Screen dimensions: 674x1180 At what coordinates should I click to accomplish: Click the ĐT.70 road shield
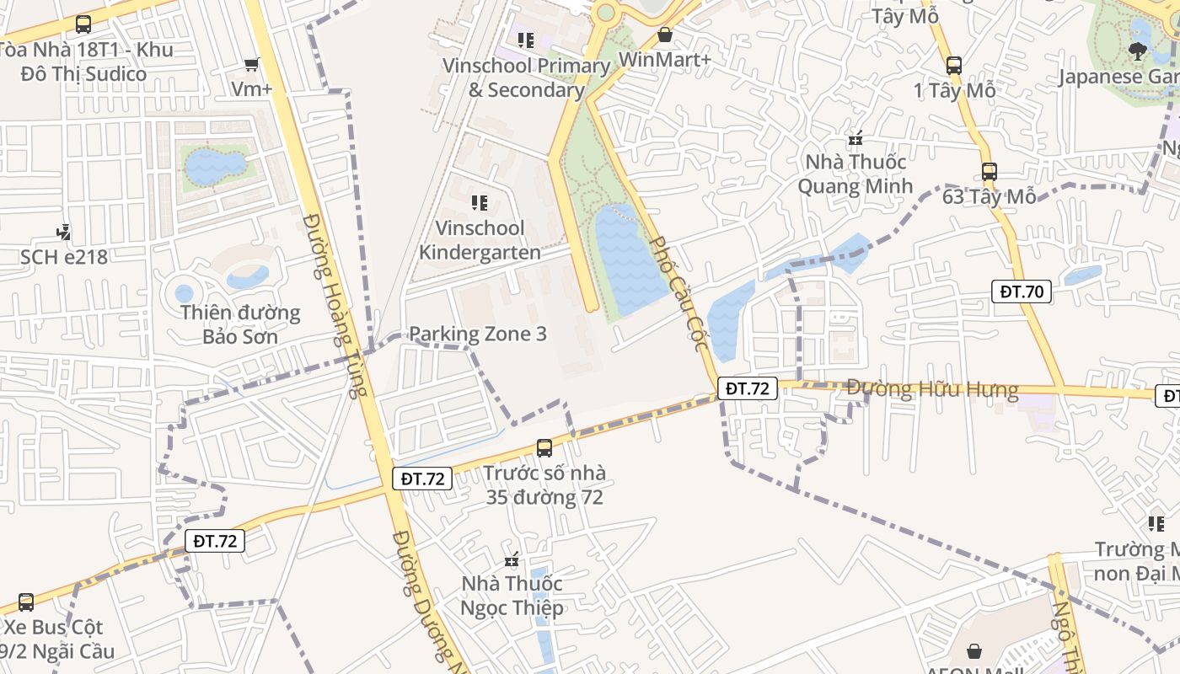(x=1022, y=292)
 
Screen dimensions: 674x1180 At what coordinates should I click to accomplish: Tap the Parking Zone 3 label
(x=477, y=334)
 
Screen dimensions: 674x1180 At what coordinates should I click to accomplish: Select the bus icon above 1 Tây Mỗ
(x=954, y=65)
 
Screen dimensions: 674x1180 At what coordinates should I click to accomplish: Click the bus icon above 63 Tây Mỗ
(x=989, y=172)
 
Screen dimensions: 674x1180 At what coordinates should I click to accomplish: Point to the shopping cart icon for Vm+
(x=251, y=64)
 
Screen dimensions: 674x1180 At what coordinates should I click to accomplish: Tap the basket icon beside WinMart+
(x=665, y=35)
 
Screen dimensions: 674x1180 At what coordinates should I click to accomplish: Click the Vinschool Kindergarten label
(x=480, y=240)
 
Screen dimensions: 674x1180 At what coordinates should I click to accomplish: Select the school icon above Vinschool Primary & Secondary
(x=526, y=40)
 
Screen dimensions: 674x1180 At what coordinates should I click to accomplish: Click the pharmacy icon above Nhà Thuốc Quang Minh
(x=855, y=136)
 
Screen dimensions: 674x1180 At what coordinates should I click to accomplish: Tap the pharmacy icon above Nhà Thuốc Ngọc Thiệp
(x=511, y=559)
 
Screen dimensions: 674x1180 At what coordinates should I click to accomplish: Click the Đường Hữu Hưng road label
(x=932, y=389)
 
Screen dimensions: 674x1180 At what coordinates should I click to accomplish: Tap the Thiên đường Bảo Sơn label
(x=240, y=324)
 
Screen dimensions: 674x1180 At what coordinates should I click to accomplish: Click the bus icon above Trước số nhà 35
(x=544, y=447)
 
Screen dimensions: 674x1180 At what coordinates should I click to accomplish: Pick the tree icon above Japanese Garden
(x=1138, y=51)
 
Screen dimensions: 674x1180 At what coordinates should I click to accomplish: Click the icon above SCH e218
(x=63, y=232)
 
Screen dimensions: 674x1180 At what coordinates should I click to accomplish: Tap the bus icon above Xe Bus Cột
(x=26, y=602)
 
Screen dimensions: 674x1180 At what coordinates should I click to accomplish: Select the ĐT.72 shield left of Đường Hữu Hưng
(x=748, y=388)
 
